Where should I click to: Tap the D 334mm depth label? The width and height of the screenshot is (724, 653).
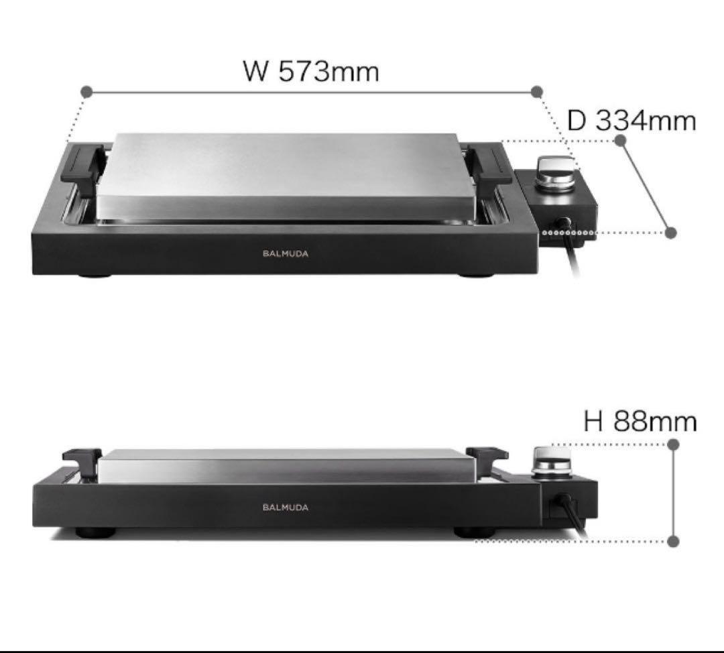point(631,121)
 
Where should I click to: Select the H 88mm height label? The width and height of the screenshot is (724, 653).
point(640,422)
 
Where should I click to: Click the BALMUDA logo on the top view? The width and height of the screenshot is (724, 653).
point(286,253)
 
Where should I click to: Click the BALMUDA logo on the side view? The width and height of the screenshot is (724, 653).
point(286,507)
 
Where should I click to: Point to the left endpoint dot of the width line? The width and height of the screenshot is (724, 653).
point(86,91)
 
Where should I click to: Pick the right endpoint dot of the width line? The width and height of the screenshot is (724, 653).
point(536,91)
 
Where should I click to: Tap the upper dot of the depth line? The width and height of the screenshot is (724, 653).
point(620,140)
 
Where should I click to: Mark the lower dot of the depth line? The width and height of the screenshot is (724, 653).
point(670,233)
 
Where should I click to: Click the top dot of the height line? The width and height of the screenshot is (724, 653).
point(674,444)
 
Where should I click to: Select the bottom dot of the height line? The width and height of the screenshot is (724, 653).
point(674,541)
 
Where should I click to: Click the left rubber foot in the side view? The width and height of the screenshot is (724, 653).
point(95,532)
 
